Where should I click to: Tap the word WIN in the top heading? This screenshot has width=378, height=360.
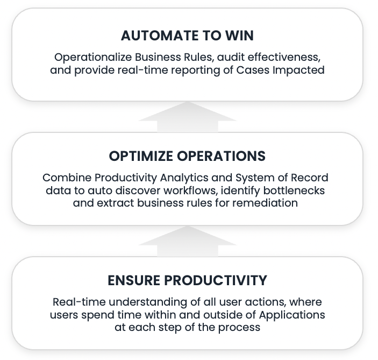[239, 36]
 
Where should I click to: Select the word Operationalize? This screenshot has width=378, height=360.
[93, 58]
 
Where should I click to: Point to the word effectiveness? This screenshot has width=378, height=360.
[284, 57]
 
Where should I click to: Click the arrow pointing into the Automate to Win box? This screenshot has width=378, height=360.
[188, 117]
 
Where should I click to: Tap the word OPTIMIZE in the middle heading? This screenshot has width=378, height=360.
[141, 156]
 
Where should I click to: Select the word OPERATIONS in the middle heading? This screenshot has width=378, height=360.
[221, 156]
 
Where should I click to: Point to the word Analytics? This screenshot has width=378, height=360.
[184, 178]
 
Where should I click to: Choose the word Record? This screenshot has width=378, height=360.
[310, 178]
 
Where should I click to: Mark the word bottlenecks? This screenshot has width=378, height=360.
[294, 190]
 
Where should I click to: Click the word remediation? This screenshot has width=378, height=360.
[265, 203]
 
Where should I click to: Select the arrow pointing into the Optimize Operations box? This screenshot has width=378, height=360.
[188, 241]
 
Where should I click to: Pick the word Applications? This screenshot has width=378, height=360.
[292, 315]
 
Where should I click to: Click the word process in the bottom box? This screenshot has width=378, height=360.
[239, 328]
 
